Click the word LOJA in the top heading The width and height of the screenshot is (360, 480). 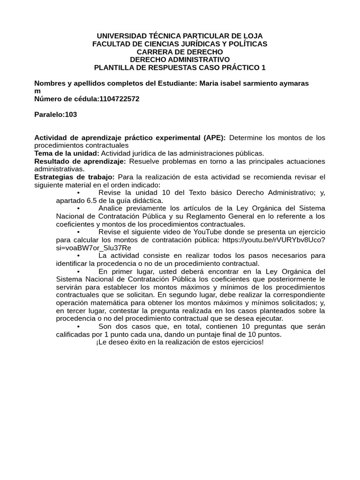[252, 36]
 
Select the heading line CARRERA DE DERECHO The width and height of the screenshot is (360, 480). [180, 52]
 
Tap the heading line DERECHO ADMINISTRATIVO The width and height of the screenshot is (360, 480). [180, 60]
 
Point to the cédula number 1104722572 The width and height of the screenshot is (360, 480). [119, 99]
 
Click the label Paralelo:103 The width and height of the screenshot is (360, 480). [56, 114]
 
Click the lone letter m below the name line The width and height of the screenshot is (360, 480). [37, 91]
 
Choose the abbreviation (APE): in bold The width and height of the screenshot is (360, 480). [214, 138]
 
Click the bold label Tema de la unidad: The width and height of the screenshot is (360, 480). [67, 153]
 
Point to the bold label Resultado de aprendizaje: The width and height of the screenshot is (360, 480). [80, 161]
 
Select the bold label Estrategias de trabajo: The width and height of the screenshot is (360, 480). [75, 177]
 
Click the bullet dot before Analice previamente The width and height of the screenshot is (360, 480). [78, 208]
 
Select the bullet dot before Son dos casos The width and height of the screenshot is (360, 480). [78, 326]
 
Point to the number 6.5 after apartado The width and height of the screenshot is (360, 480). [90, 201]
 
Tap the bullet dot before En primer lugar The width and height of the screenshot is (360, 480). [78, 271]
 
